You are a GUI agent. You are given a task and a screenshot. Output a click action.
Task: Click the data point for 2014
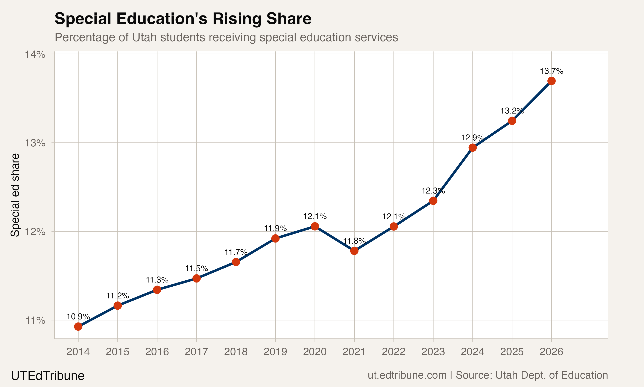(x=78, y=327)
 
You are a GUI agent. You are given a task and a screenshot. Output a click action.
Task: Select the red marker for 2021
(x=354, y=251)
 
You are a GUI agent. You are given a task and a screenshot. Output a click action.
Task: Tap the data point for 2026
(x=551, y=81)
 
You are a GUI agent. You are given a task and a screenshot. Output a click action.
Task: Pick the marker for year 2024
(x=472, y=148)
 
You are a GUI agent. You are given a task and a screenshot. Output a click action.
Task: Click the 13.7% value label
(x=551, y=71)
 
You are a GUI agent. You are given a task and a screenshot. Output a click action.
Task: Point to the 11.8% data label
(x=354, y=241)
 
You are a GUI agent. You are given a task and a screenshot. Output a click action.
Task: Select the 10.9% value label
(x=78, y=317)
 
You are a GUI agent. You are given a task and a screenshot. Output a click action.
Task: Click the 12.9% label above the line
(x=472, y=137)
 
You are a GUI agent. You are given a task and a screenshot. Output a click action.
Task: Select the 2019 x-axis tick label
(x=275, y=352)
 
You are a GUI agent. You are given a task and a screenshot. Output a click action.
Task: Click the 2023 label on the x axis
(x=433, y=352)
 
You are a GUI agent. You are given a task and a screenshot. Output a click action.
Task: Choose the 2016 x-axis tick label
(x=157, y=352)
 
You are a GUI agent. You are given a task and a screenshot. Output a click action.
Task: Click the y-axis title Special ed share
(x=15, y=195)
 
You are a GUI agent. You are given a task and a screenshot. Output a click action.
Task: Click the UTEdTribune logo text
(x=48, y=376)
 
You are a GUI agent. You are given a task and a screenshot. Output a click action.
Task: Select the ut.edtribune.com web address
(x=407, y=375)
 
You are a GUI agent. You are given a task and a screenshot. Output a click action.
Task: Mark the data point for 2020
(x=315, y=226)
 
